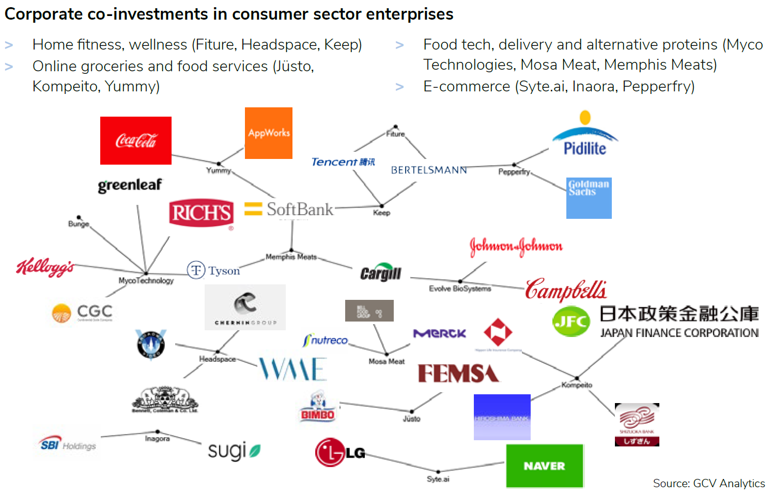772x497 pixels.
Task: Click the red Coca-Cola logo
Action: tap(136, 140)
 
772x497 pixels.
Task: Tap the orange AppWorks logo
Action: tap(269, 133)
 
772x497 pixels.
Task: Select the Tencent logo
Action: tap(343, 162)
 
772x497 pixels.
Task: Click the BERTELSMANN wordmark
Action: tap(429, 170)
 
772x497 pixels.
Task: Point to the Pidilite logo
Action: tap(585, 135)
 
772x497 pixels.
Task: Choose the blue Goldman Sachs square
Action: tap(589, 198)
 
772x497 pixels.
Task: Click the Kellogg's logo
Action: tap(45, 267)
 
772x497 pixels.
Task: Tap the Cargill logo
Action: tap(381, 273)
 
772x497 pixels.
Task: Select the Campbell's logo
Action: tap(566, 290)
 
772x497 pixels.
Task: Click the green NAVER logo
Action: tap(545, 466)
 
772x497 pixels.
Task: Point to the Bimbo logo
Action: tap(318, 408)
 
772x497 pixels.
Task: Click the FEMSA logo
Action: tap(458, 373)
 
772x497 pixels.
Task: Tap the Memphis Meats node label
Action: tap(291, 256)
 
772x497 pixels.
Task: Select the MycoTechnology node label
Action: tap(146, 281)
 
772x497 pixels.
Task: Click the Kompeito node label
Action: tap(577, 385)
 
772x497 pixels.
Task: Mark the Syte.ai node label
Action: tap(438, 479)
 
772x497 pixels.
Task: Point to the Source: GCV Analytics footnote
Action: tap(708, 483)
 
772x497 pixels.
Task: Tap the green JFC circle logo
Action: tap(571, 321)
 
